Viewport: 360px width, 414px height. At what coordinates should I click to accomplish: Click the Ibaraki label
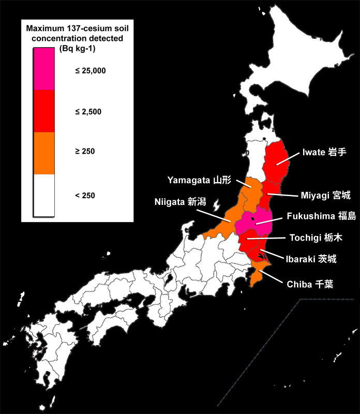pos(311,259)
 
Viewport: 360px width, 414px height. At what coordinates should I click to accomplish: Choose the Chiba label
pos(306,283)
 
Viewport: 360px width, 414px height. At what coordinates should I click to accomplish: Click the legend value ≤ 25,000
pos(90,71)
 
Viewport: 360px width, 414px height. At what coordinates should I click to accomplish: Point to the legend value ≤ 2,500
pos(88,111)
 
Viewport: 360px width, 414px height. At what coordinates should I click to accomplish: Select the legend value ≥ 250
pos(85,152)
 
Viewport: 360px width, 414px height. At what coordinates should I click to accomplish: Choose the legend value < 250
pos(85,196)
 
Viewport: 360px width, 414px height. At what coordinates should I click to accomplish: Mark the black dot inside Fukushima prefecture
pos(253,220)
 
